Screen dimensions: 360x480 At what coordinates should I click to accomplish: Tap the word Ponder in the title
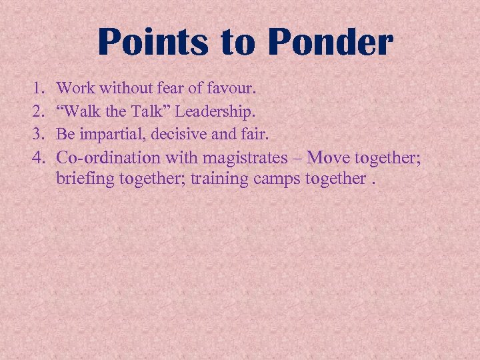[x=331, y=42]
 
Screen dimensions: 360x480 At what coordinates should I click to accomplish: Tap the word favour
[x=230, y=87]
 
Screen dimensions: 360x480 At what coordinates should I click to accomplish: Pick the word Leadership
[x=217, y=110]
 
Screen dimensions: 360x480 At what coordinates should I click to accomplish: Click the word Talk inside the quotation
[x=157, y=110]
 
